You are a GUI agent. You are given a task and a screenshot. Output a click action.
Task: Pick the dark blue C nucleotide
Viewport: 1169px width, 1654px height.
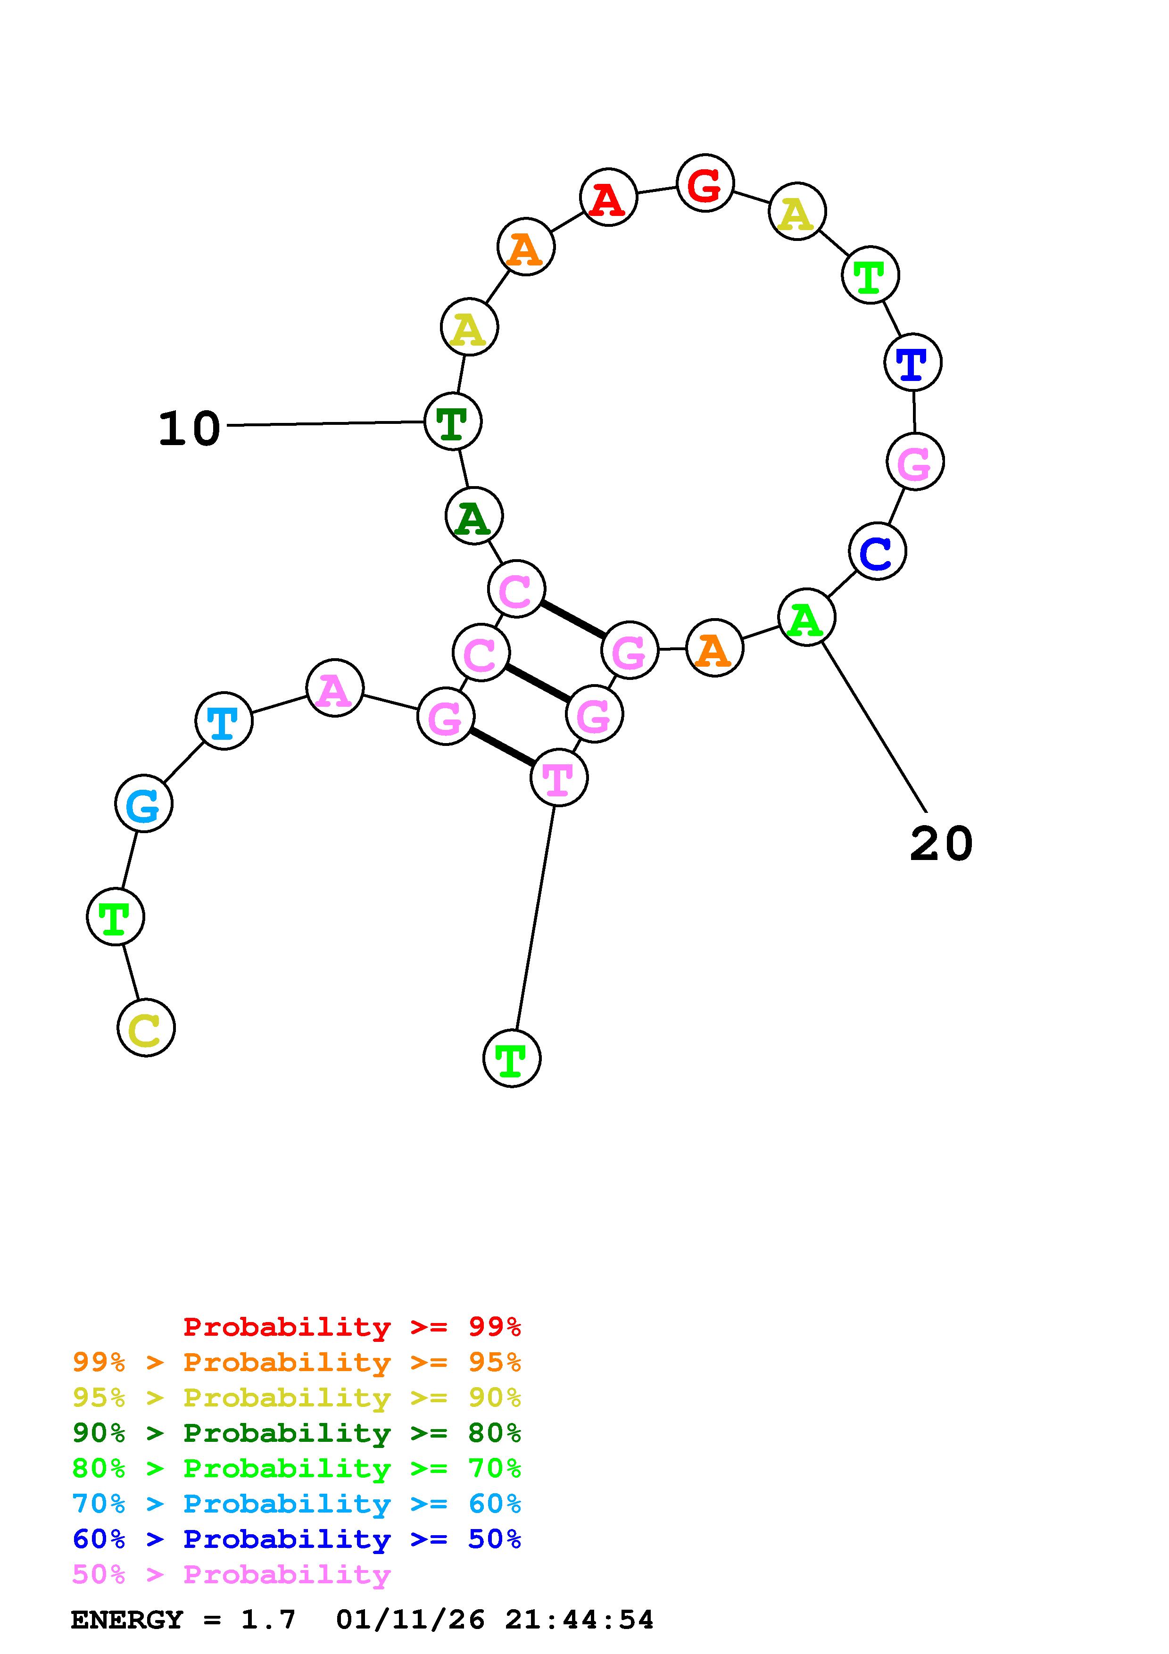pyautogui.click(x=877, y=551)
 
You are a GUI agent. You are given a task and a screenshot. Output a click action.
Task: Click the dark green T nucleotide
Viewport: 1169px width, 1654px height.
pyautogui.click(x=452, y=422)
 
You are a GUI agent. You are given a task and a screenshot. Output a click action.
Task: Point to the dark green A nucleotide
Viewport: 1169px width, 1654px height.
pyautogui.click(x=473, y=516)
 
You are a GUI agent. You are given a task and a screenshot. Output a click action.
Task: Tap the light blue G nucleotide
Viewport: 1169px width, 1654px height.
pyautogui.click(x=143, y=803)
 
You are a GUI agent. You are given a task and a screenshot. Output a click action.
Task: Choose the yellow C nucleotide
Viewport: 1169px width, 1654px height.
pyautogui.click(x=146, y=1028)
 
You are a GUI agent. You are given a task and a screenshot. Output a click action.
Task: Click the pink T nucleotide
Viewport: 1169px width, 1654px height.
pyautogui.click(x=558, y=777)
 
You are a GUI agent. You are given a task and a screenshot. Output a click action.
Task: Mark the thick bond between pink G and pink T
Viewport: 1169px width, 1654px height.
pyautogui.click(x=502, y=747)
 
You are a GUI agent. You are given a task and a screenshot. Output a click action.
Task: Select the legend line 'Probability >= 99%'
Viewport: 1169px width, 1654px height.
pyautogui.click(x=351, y=1327)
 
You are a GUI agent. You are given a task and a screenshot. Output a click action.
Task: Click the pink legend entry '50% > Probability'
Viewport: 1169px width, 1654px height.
pyautogui.click(x=231, y=1575)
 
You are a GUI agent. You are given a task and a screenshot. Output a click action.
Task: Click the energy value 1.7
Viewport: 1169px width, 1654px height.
pyautogui.click(x=268, y=1620)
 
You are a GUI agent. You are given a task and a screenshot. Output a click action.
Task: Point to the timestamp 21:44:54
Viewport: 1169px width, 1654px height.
pyautogui.click(x=579, y=1620)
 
